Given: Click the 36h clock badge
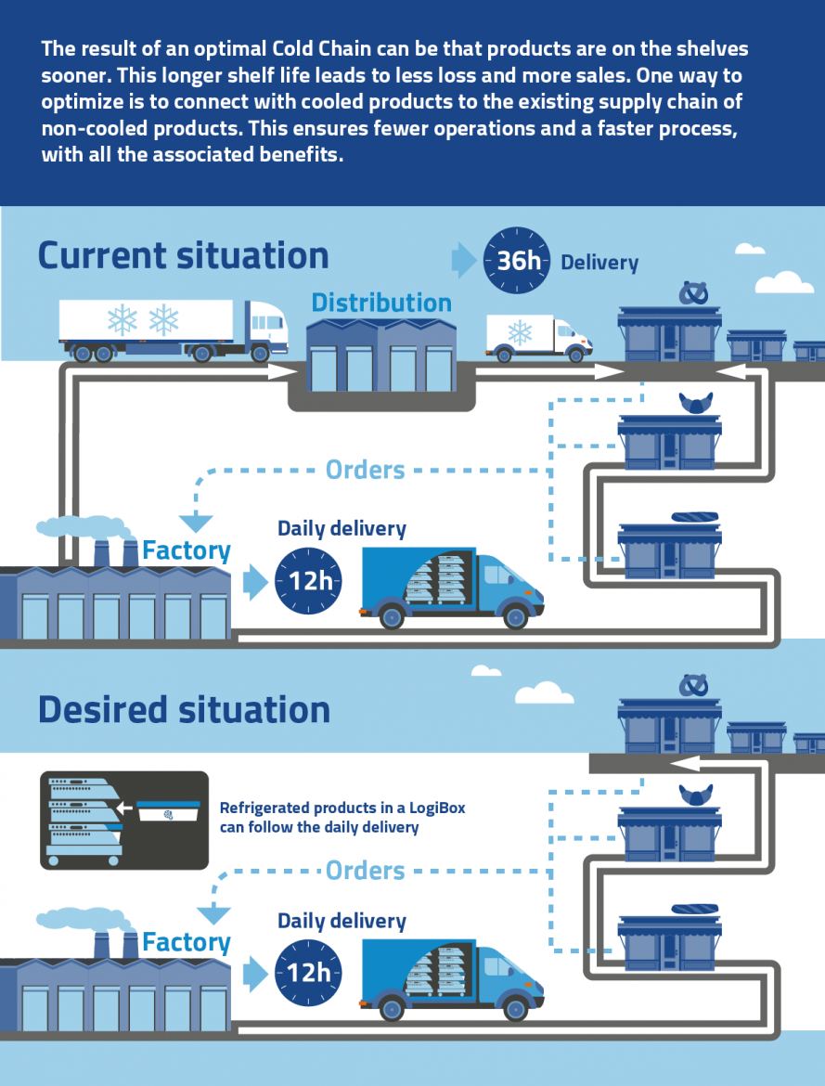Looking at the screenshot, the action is pos(517,261).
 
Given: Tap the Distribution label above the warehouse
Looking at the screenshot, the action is pos(381,303).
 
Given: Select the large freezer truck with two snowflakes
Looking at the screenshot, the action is pos(174,330).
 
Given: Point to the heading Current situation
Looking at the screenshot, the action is pos(184,255).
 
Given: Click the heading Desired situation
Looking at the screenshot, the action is pos(185,710).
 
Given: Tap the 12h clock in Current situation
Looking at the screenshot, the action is pos(308,580).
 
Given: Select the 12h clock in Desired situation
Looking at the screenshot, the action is pos(308,973).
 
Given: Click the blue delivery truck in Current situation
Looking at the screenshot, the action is pos(452,588).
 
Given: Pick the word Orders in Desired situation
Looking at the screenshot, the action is pos(365,871).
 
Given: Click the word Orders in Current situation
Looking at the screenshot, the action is pos(365,470).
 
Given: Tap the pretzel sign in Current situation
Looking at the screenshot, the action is pos(693,293).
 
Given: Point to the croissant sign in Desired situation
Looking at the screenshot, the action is pos(695,794).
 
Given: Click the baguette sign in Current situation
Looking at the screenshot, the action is pos(695,517).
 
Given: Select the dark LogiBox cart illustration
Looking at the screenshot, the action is pos(124,820).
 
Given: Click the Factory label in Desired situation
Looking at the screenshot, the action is pos(187,943).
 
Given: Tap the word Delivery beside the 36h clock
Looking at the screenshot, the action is pos(599,263).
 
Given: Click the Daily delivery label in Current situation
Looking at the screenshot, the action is pos(342,528).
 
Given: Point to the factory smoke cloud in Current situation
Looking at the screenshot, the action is pos(84,527).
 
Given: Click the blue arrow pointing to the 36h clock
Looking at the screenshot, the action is pos(463,261).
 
